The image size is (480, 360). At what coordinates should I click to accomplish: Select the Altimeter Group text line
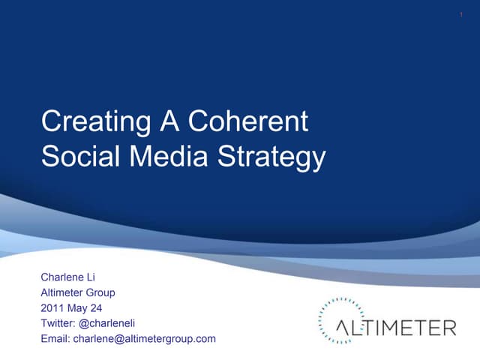point(78,292)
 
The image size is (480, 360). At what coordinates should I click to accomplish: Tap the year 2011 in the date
point(52,308)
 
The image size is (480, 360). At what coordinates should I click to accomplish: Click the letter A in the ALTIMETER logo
point(343,328)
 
